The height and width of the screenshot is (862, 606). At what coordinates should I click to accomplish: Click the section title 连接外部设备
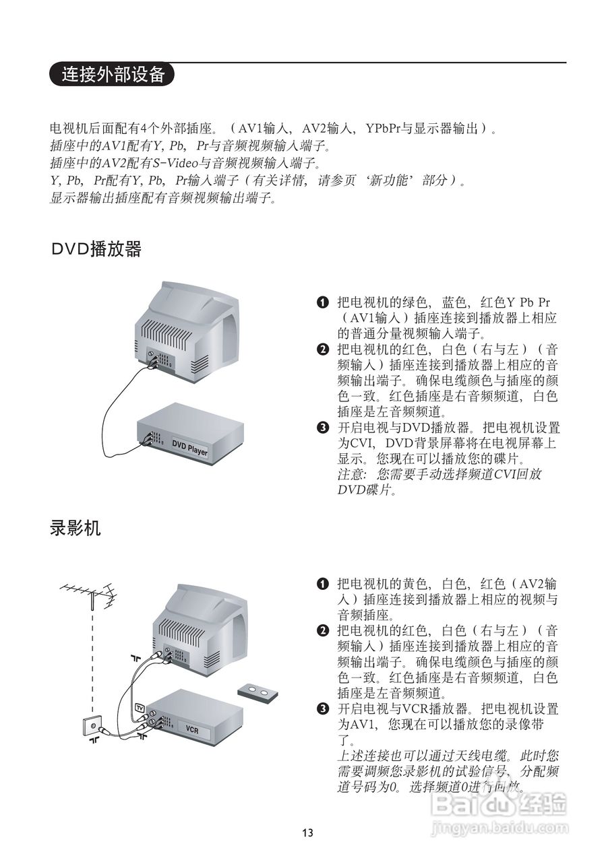click(x=113, y=74)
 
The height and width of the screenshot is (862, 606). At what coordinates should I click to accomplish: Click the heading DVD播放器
click(x=96, y=249)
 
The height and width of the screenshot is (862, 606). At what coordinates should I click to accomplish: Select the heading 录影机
click(x=75, y=528)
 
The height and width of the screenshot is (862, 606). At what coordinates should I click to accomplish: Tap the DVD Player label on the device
click(x=189, y=448)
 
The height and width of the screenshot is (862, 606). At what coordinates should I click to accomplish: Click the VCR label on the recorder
click(x=191, y=729)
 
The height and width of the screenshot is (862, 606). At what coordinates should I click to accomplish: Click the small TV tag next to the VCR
click(x=140, y=708)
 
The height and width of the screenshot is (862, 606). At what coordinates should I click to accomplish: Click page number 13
click(x=307, y=833)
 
